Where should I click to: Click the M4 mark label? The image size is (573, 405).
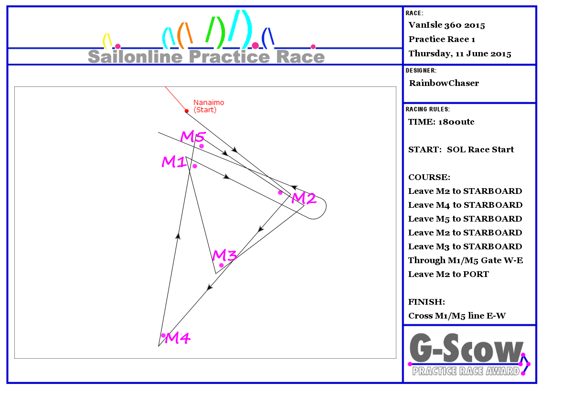click(x=178, y=338)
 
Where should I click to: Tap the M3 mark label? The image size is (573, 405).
click(x=224, y=255)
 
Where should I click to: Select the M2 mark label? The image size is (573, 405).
click(x=304, y=198)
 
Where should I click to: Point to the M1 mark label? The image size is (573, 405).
click(x=174, y=162)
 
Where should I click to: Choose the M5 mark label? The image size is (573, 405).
click(x=193, y=137)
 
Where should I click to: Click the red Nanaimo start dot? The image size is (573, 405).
click(x=187, y=111)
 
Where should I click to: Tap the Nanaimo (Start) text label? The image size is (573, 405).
click(x=209, y=106)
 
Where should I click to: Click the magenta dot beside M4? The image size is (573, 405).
click(x=163, y=335)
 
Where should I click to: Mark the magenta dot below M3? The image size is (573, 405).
click(x=222, y=266)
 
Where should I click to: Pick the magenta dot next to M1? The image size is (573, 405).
click(x=195, y=166)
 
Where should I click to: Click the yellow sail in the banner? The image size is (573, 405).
click(x=107, y=41)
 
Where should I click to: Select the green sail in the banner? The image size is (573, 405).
click(x=216, y=32)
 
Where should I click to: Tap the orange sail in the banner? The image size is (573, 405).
click(x=185, y=35)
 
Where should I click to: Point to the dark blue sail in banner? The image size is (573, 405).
click(x=268, y=38)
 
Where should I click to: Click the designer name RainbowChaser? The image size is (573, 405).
click(x=444, y=83)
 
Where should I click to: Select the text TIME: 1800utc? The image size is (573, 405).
click(x=441, y=122)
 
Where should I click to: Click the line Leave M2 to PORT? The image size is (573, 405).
click(x=448, y=274)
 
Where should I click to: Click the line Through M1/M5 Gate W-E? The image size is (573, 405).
click(x=466, y=260)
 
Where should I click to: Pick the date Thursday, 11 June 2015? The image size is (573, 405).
click(x=460, y=53)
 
